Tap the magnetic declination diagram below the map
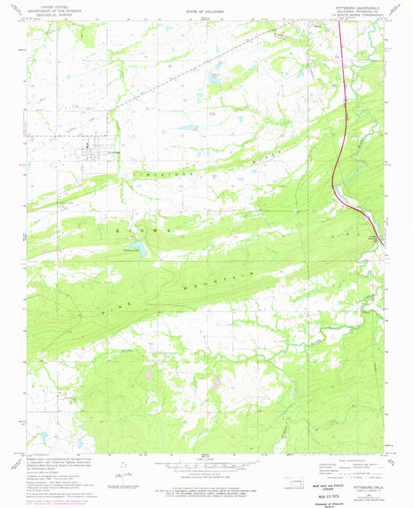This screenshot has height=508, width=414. [120, 469]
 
